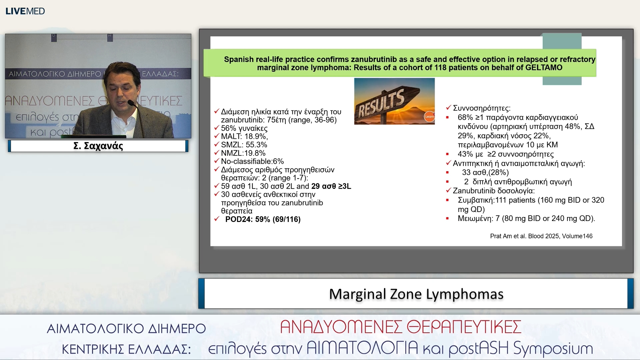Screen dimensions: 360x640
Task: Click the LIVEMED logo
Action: tap(25, 11)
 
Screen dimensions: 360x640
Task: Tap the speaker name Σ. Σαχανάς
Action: tap(98, 146)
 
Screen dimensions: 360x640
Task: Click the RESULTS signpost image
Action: tap(394, 101)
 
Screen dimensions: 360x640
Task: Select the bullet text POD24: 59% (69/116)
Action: tap(263, 219)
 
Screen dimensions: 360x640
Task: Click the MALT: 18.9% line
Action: tap(244, 136)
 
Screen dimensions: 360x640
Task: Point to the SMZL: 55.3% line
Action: tap(244, 145)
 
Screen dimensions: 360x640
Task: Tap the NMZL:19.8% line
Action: tap(243, 153)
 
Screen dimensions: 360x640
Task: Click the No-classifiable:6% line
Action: tap(252, 161)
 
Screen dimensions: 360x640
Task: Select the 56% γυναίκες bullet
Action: tap(244, 128)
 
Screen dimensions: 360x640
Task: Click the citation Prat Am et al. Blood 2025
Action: tap(541, 236)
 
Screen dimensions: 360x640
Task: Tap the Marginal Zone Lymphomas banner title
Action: tap(416, 294)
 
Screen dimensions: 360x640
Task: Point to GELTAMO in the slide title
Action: tap(544, 68)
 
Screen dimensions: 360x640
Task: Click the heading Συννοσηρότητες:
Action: tap(481, 108)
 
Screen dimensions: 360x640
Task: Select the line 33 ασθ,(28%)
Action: tap(485, 172)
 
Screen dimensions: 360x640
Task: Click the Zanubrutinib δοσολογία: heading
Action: tap(493, 191)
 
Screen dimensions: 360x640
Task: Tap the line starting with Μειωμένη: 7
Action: tap(526, 218)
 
